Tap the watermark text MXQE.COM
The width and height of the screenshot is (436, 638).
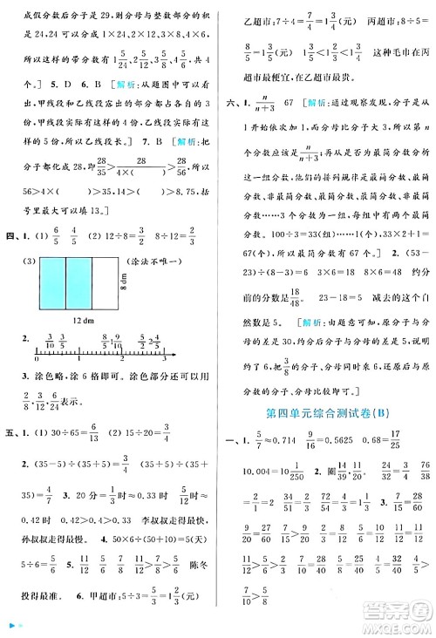pos(397,627)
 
